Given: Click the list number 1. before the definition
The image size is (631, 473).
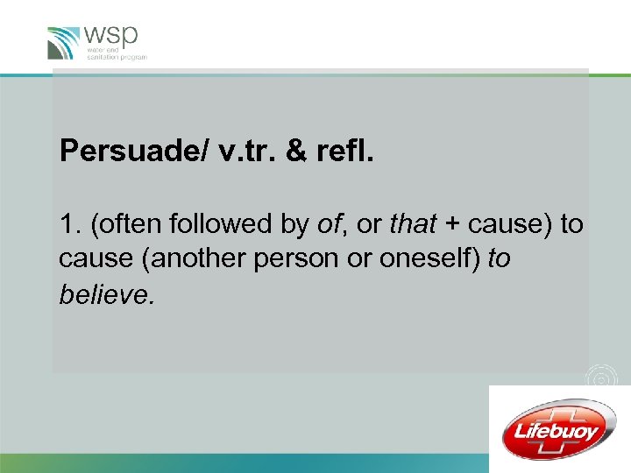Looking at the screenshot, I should point(69,224).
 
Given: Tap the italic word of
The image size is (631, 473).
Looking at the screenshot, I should point(328,224).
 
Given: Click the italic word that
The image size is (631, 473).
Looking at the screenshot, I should point(411,224).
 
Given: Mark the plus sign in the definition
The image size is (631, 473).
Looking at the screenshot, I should point(451,225).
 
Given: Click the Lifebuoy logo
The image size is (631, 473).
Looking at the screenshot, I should point(559,429).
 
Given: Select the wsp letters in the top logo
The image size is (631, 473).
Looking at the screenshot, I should point(112,37).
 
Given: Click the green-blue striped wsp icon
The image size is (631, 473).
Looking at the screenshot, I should point(65,43).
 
